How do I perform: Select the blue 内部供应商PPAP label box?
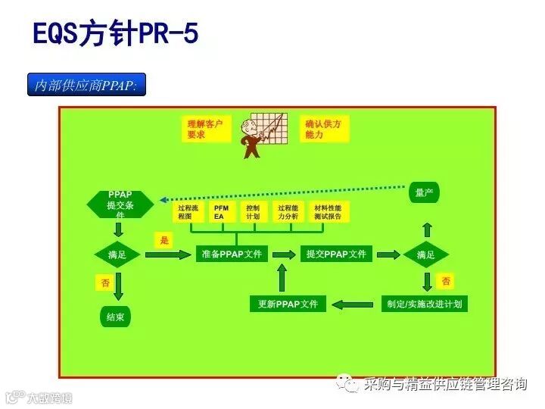[86, 85]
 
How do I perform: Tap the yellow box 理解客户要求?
[205, 129]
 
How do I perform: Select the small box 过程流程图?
[188, 212]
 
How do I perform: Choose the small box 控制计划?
[253, 212]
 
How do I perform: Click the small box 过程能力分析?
[288, 212]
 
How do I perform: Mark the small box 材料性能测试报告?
[328, 212]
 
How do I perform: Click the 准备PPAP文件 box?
[232, 254]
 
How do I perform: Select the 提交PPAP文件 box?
[336, 254]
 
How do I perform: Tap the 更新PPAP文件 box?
[288, 304]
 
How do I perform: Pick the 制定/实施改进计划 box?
[424, 304]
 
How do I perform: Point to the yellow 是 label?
[164, 241]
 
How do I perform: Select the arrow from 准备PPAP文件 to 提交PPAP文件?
[285, 254]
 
